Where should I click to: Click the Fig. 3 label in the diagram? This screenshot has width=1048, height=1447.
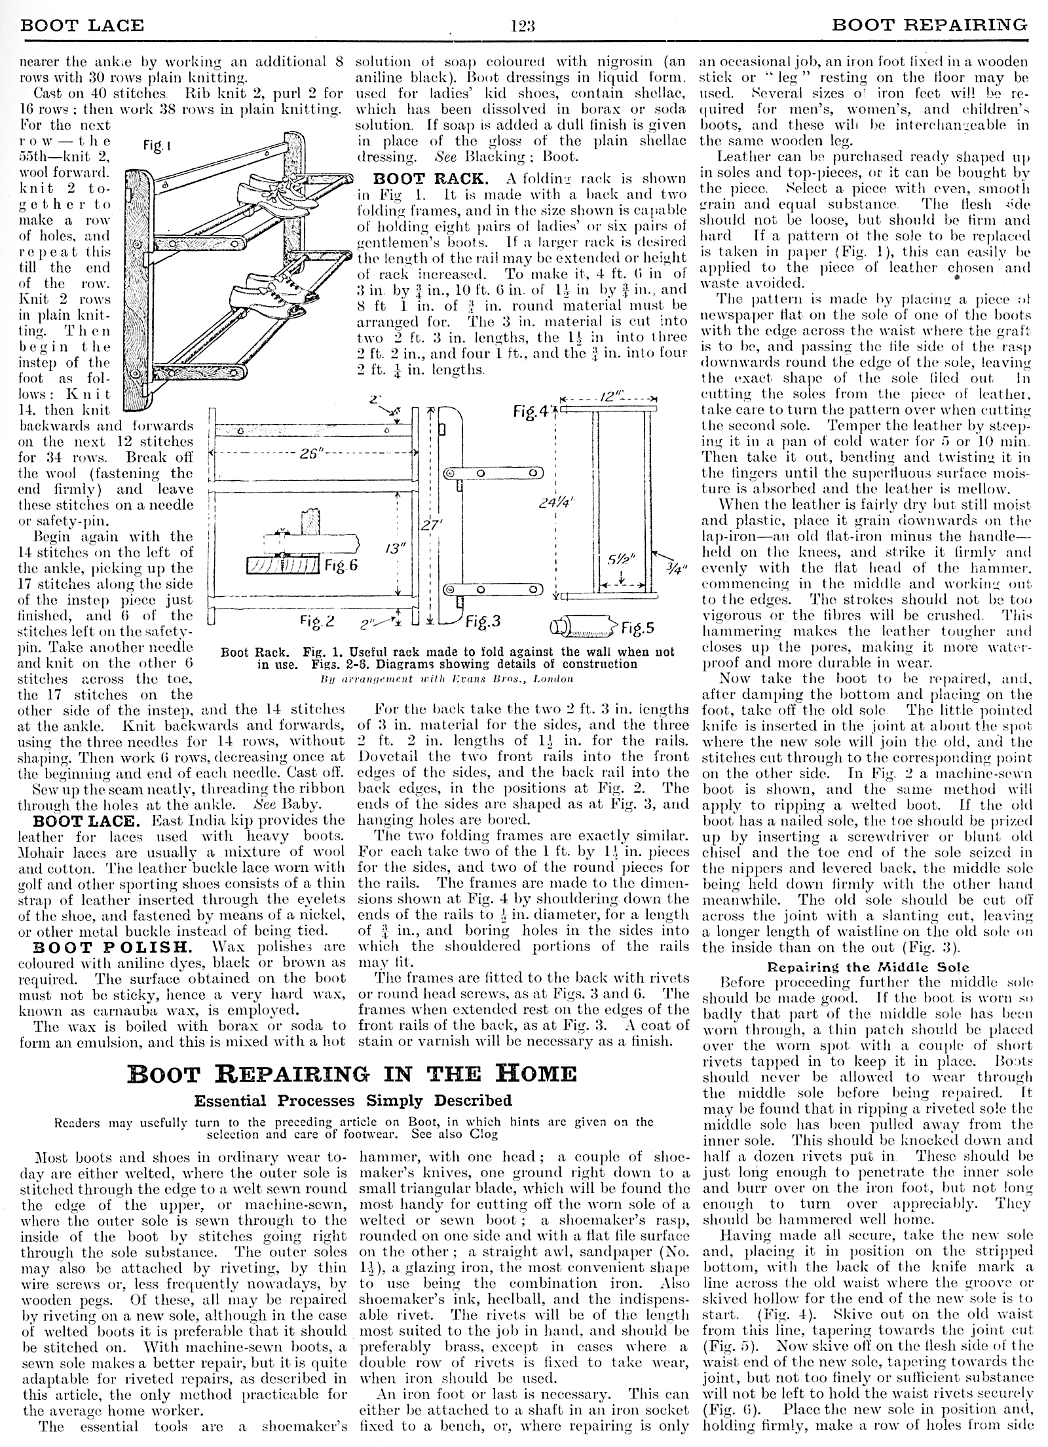click(485, 620)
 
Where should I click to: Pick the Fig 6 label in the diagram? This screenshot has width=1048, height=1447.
click(341, 564)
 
